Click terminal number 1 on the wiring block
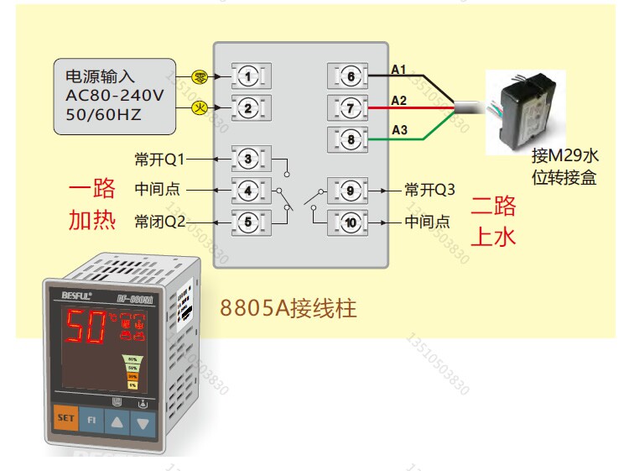pos(248,77)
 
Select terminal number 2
pos(248,107)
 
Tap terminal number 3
pos(248,158)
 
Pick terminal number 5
pos(248,222)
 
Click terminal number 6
pos(351,77)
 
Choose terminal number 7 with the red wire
pos(351,107)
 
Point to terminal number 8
pos(351,137)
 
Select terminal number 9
pos(351,191)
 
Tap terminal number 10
pos(351,222)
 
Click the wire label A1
pos(399,68)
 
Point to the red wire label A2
pos(399,101)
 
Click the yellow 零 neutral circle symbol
pos(200,76)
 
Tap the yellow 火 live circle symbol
pos(200,107)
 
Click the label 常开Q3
pos(429,190)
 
